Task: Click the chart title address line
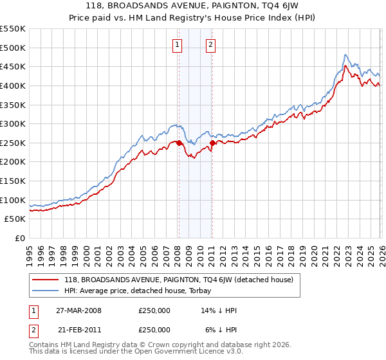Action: [193, 6]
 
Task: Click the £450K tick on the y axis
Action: [13, 67]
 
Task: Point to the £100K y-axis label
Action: [13, 200]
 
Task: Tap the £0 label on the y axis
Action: [19, 238]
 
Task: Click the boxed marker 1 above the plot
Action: [177, 44]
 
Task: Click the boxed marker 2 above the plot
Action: [210, 44]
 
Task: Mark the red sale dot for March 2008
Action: [179, 143]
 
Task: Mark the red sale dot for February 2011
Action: [212, 143]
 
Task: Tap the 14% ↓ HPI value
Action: [219, 310]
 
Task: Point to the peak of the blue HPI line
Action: [345, 55]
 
